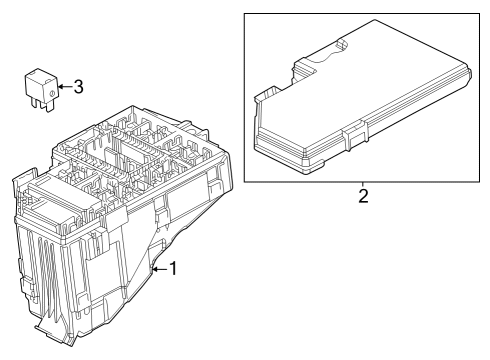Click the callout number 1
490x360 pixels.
click(x=173, y=269)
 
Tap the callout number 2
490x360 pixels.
click(x=363, y=196)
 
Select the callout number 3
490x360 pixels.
click(x=78, y=87)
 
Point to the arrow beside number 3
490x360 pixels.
click(x=65, y=87)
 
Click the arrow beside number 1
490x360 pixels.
click(x=160, y=269)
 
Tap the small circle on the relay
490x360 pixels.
click(x=52, y=94)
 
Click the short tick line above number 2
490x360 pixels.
click(x=363, y=184)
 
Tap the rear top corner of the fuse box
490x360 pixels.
click(x=133, y=107)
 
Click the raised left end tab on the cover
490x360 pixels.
click(x=267, y=93)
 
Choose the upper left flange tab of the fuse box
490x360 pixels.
click(x=25, y=176)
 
